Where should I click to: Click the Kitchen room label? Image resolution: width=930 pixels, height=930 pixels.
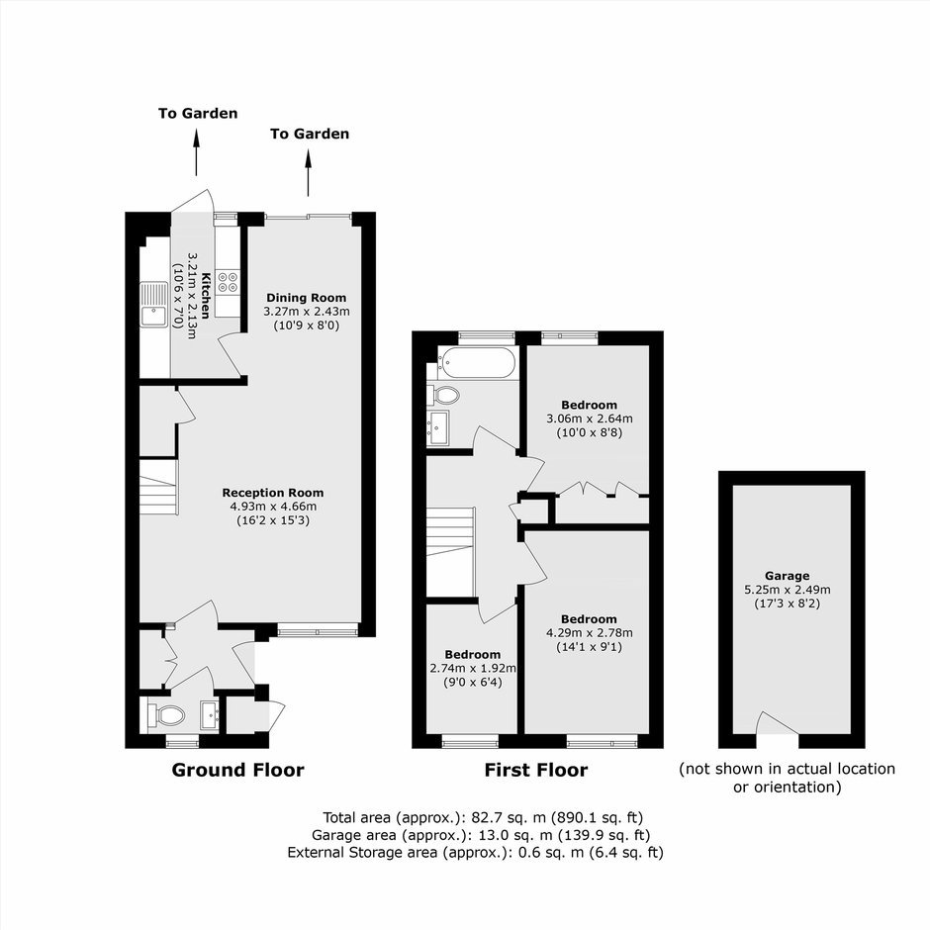pos(206,296)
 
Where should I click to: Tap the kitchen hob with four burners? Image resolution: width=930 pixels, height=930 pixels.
pos(229,282)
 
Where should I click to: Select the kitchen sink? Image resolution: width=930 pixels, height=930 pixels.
pos(154,304)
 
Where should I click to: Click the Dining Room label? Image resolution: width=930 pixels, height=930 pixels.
pos(306,298)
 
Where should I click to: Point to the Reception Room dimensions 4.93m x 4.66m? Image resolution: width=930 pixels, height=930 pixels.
pos(273,507)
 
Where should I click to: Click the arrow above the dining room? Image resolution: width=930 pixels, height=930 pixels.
pos(308,172)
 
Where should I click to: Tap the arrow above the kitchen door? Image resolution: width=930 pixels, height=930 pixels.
pos(196,152)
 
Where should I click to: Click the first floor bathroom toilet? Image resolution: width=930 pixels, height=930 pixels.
pos(443,395)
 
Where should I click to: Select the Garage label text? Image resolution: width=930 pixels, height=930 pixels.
pos(788,576)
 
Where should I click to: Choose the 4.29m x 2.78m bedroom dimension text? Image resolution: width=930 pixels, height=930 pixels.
pos(590,633)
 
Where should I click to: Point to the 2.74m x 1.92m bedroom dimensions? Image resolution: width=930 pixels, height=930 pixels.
pos(473,669)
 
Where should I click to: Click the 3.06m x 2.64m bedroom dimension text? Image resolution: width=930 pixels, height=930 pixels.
pos(590,418)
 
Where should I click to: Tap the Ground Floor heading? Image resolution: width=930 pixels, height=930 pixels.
pos(237,770)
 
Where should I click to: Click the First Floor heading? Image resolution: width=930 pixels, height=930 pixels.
pos(536,770)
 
